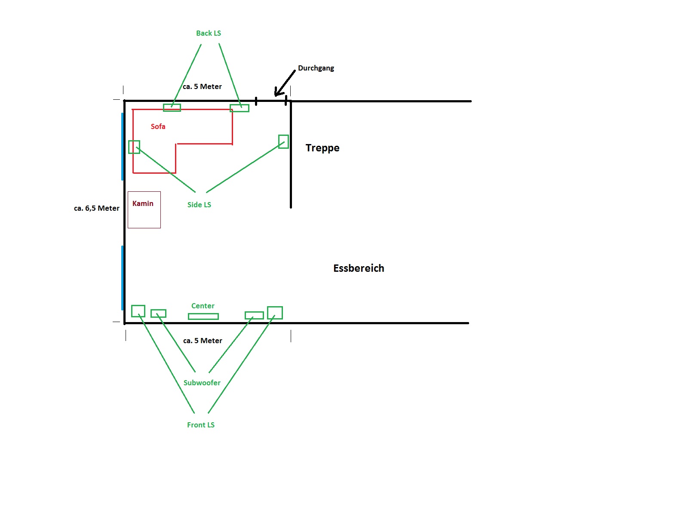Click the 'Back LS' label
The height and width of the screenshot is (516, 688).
click(209, 33)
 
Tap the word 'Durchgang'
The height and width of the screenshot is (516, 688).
click(316, 68)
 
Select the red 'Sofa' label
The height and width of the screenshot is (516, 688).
click(158, 126)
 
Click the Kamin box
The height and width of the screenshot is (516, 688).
click(144, 210)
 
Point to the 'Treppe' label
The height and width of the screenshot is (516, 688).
click(322, 148)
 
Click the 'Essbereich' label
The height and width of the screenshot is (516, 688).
click(359, 268)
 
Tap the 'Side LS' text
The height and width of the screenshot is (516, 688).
click(199, 205)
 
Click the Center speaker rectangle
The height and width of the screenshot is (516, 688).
click(203, 316)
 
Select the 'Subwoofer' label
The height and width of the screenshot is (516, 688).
click(202, 383)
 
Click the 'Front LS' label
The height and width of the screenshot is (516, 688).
click(200, 425)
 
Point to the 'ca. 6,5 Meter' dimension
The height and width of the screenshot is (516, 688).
click(97, 208)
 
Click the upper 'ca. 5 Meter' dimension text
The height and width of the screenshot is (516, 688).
click(202, 86)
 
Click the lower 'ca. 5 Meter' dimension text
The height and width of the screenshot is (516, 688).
click(203, 341)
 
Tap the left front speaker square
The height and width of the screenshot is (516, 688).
click(138, 311)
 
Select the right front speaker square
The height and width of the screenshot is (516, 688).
click(275, 313)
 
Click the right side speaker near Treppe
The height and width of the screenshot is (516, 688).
click(283, 141)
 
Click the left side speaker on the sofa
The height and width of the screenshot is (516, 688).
click(134, 147)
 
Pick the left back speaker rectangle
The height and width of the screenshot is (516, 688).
click(172, 107)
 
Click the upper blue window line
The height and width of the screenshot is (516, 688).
click(123, 146)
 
